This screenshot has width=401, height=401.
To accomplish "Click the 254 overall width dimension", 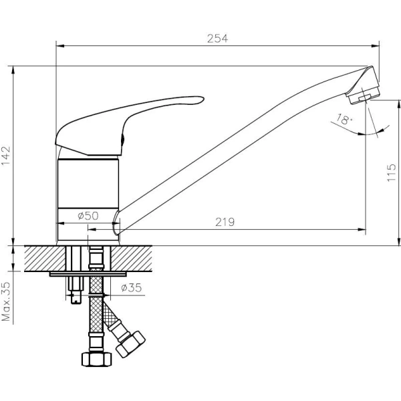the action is [217, 39].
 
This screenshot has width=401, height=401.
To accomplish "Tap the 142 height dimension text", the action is [6, 156].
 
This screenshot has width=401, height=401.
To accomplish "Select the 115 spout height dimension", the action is [391, 172].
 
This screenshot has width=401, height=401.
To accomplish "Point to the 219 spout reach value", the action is [225, 222].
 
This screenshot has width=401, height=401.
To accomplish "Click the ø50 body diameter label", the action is [88, 216].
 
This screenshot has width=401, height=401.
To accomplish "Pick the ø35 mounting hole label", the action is [132, 287].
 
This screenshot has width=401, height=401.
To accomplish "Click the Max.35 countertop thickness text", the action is [6, 301].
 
